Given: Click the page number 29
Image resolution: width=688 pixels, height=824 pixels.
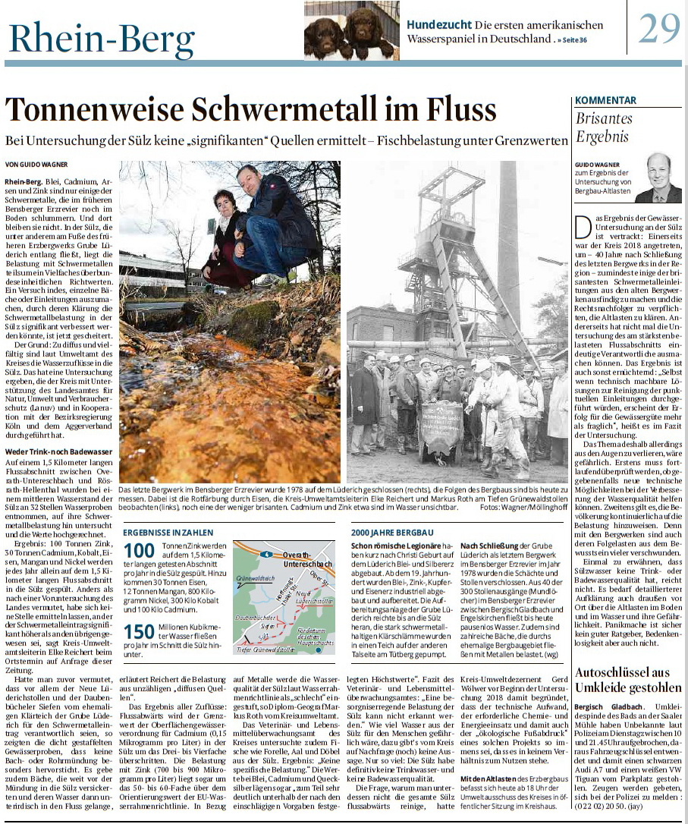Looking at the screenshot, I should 658,28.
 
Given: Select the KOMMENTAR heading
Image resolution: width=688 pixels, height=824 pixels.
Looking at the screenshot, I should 605,100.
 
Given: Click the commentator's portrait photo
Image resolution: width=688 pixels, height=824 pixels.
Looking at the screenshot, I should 658,178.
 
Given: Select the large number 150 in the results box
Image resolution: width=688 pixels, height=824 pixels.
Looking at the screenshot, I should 139,632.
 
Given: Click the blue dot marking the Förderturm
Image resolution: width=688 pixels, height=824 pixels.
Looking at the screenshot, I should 319,649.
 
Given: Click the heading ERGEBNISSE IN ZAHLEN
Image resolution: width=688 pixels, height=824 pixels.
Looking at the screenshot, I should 168,533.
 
